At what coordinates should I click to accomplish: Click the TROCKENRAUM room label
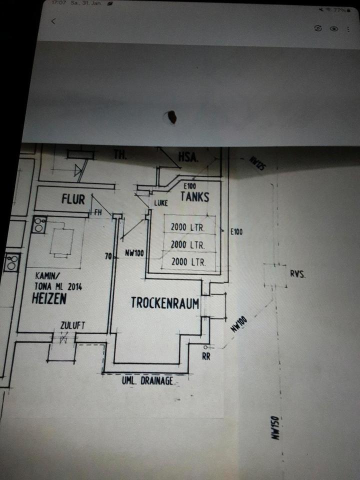[x=165, y=303]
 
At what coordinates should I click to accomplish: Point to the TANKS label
[x=194, y=197]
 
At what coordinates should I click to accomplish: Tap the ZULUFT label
[x=72, y=325]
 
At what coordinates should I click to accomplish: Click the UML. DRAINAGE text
[x=147, y=381]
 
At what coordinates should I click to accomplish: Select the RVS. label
[x=297, y=274]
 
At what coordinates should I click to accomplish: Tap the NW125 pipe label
[x=255, y=163]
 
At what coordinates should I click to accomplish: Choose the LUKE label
[x=161, y=203]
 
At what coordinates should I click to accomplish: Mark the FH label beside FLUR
[x=98, y=212]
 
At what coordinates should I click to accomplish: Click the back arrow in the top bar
[x=53, y=21]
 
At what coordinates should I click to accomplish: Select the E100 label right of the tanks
[x=236, y=231]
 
